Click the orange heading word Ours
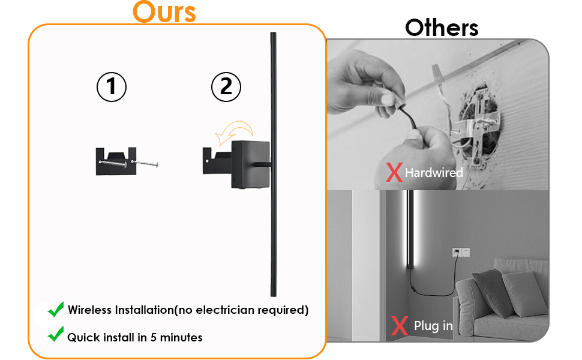point(164,12)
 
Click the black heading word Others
point(442,28)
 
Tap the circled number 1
point(112,87)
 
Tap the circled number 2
point(226,87)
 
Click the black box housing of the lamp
point(250,163)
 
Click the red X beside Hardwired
point(394,172)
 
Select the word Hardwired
point(434,173)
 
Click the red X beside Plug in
point(399,326)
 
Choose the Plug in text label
point(433,326)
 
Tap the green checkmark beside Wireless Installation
point(56,310)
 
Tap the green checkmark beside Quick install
point(56,335)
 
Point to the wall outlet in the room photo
point(461,252)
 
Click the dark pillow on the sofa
point(491,292)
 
